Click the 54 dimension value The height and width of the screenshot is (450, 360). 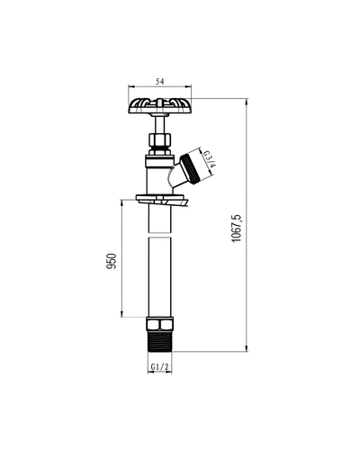tap(160, 81)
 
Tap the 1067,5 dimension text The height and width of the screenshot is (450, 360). tap(237, 229)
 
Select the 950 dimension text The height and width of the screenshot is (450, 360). tap(112, 261)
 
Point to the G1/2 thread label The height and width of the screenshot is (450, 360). tap(160, 366)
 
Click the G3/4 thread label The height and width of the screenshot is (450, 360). tap(210, 159)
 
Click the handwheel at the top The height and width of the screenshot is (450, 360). tap(160, 105)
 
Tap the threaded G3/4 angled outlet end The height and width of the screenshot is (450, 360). tap(193, 167)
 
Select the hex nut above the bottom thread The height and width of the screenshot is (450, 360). tap(160, 324)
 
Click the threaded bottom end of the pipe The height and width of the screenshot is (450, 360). tap(160, 341)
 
